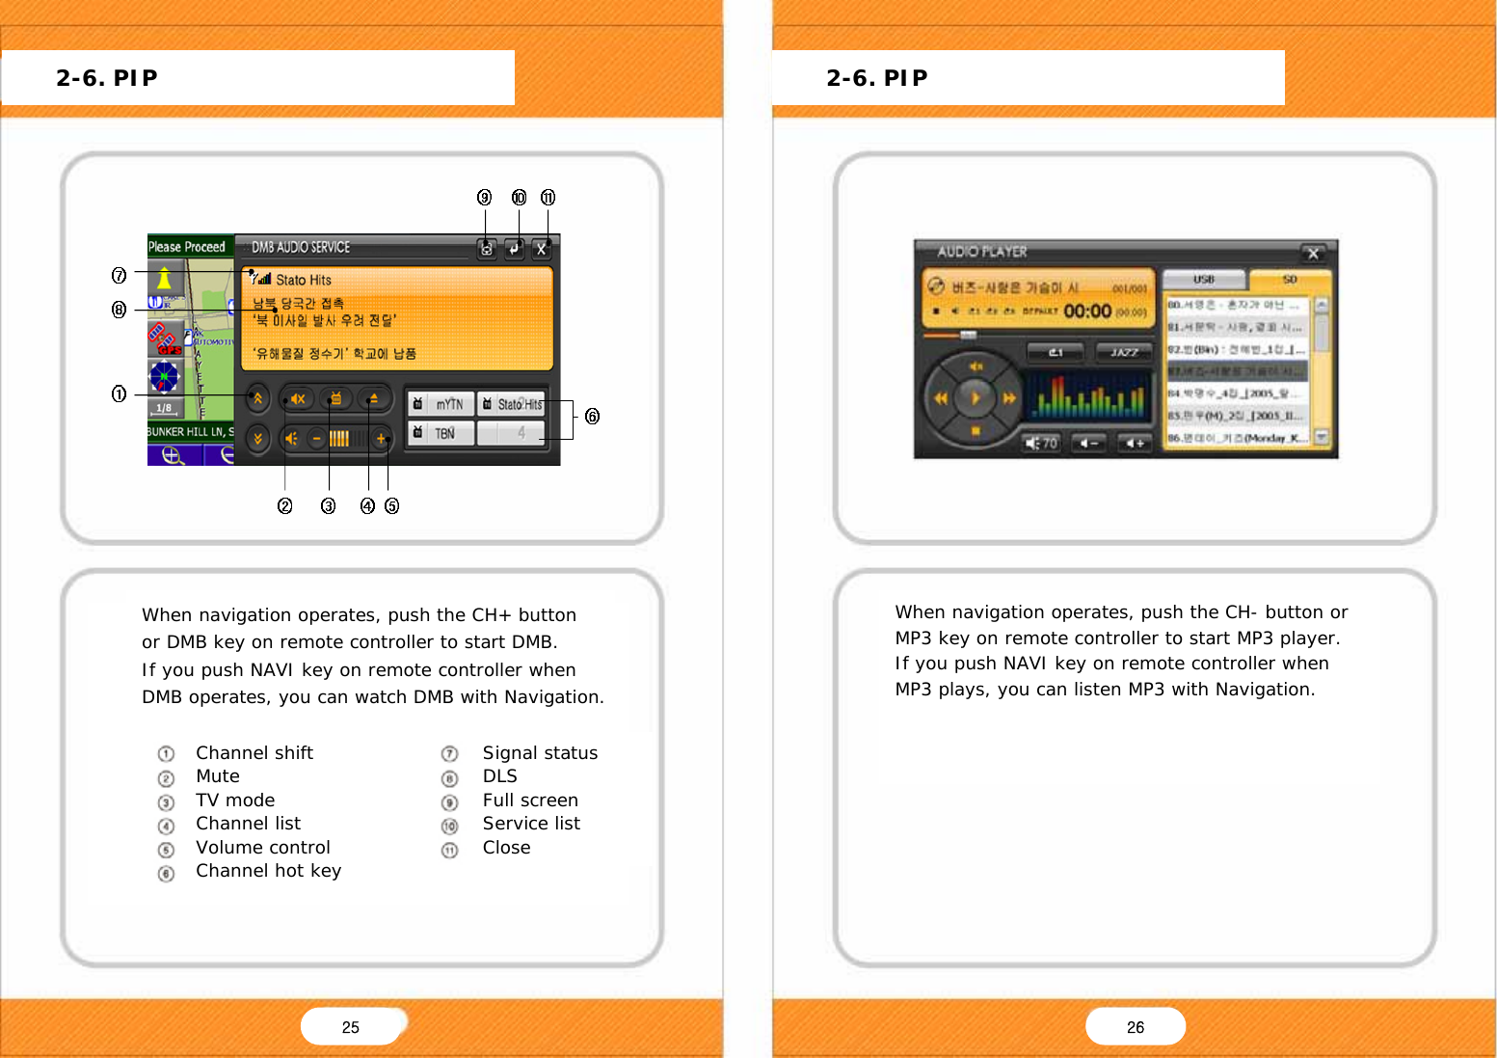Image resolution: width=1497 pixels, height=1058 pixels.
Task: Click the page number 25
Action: coord(351,1027)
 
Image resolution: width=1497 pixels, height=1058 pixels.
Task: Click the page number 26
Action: coord(1136,1027)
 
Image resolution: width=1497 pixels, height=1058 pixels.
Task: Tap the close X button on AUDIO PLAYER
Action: coord(1313,254)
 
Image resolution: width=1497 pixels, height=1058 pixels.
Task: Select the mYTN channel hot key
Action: coord(441,404)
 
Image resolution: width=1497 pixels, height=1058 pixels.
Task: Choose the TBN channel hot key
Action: coord(441,433)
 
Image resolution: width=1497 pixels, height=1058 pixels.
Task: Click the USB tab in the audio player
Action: coord(1204,280)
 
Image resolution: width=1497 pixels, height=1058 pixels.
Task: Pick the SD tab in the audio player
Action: coord(1290,280)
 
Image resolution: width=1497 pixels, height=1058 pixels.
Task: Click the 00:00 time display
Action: coord(1087,311)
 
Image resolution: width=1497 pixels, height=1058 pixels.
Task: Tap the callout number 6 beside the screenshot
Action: coord(592,416)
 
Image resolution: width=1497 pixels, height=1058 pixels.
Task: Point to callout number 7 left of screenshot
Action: coord(119,276)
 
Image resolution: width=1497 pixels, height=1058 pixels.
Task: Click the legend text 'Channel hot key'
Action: coord(268,871)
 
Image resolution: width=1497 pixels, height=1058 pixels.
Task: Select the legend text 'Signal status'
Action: coord(540,753)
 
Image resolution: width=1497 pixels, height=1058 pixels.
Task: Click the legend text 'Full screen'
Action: coord(530,800)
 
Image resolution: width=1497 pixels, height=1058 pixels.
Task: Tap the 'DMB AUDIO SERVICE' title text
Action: coord(301,248)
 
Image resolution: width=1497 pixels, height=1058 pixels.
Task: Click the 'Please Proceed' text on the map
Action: coord(187,247)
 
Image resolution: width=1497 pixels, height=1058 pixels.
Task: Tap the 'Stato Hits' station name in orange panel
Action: coord(304,280)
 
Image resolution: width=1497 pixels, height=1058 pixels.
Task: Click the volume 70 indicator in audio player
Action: coord(1042,443)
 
